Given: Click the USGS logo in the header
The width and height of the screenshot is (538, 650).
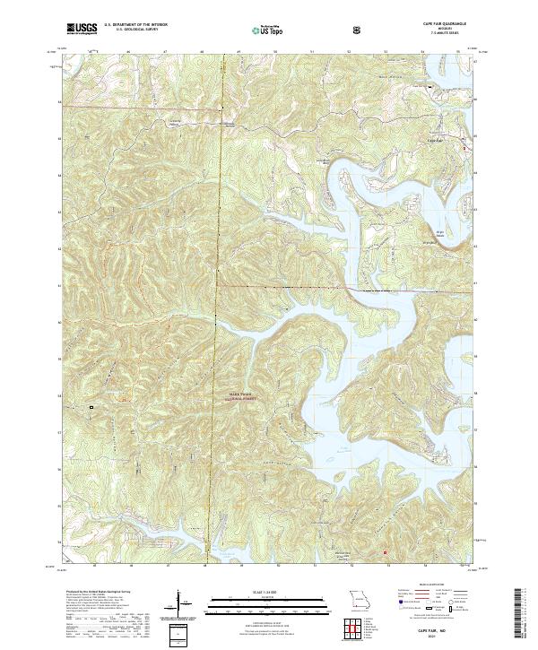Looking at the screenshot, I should (x=82, y=29).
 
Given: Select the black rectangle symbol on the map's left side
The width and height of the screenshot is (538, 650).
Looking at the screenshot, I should (x=91, y=408).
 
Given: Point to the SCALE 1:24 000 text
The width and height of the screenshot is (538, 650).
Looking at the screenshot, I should (x=255, y=592).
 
